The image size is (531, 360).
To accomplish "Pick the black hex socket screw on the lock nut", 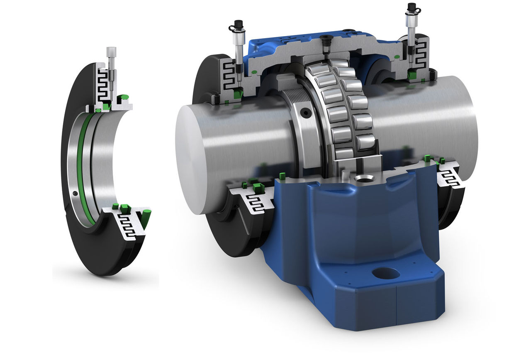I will click(x=305, y=112).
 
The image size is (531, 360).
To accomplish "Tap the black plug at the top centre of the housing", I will click(x=326, y=41).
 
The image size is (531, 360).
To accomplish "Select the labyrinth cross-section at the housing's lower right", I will click(x=451, y=176).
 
